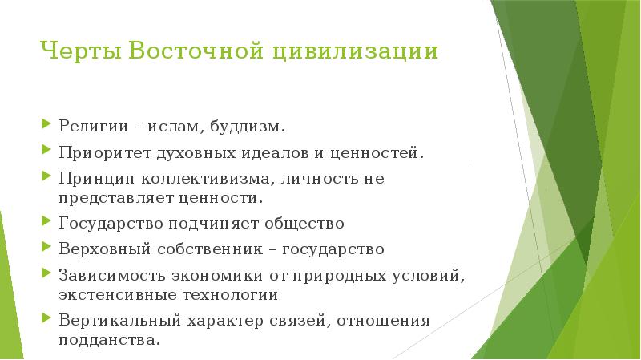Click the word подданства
(x=109, y=340)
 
